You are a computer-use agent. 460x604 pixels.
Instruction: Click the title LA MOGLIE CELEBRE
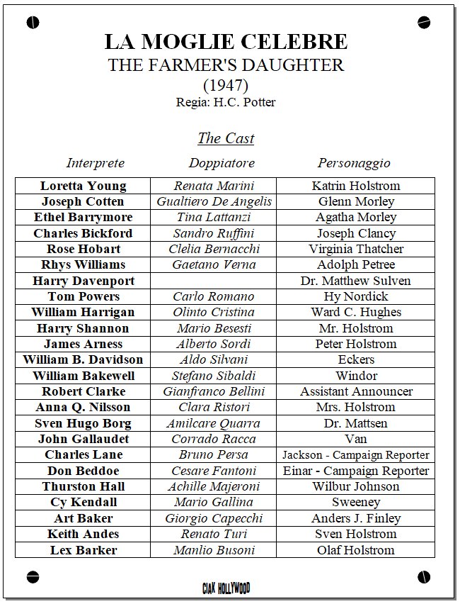[226, 42]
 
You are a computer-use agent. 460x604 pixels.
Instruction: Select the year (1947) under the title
[226, 86]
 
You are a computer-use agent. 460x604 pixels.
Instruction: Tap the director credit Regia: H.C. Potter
[226, 102]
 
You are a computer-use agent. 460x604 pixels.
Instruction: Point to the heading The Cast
[226, 138]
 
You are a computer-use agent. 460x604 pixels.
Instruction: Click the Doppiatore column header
[222, 163]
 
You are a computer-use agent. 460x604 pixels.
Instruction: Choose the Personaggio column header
[354, 163]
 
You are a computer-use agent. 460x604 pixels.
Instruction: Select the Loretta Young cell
[83, 186]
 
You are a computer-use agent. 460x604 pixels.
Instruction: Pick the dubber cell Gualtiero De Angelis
[214, 201]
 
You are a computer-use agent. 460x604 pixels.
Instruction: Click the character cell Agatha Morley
[355, 218]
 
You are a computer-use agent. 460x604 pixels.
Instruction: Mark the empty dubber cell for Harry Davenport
[214, 281]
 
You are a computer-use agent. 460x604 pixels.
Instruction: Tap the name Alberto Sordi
[214, 344]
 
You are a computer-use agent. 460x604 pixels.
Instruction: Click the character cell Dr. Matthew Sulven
[355, 281]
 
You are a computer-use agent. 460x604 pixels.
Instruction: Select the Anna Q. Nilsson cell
[83, 407]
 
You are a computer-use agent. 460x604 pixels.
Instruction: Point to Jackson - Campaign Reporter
[355, 454]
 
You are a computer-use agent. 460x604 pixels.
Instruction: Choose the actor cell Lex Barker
[83, 549]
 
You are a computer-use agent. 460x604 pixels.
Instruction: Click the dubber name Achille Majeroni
[214, 486]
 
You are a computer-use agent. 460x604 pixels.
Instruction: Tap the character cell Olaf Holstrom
[355, 549]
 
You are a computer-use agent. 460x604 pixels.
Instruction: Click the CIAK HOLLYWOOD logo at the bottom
[226, 587]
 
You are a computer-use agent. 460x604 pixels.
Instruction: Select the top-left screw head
[33, 23]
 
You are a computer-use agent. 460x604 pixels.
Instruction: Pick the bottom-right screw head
[424, 576]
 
